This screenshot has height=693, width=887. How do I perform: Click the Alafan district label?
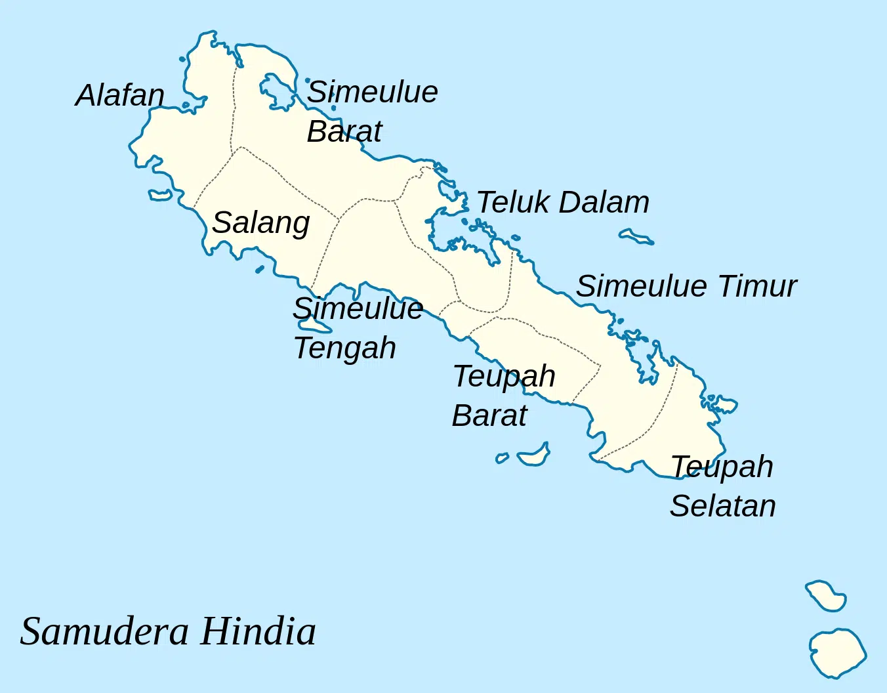tap(120, 96)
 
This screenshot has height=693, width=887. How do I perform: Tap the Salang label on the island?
tap(261, 223)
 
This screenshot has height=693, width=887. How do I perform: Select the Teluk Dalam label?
tap(563, 202)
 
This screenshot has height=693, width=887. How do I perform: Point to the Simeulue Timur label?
tap(686, 286)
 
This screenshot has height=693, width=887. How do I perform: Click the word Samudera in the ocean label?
tap(105, 631)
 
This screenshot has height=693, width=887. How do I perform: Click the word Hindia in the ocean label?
tap(258, 631)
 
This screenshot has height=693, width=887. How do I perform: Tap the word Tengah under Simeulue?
tap(345, 348)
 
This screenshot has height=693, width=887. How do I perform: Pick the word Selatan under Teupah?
tap(723, 506)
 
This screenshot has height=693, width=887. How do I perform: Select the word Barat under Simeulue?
tap(344, 131)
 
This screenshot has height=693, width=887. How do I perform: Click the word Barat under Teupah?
tap(489, 415)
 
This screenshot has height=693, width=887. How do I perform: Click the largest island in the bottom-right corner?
tap(837, 652)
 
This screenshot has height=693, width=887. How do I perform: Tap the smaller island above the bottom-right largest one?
tap(827, 596)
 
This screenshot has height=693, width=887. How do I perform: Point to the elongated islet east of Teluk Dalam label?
tap(636, 237)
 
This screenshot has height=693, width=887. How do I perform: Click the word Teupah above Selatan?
tap(722, 467)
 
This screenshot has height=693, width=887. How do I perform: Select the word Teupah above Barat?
tap(505, 377)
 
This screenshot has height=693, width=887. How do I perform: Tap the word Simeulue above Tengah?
tap(358, 308)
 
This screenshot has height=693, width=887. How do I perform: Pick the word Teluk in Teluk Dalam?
tap(513, 202)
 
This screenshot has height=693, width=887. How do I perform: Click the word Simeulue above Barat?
tap(373, 92)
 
